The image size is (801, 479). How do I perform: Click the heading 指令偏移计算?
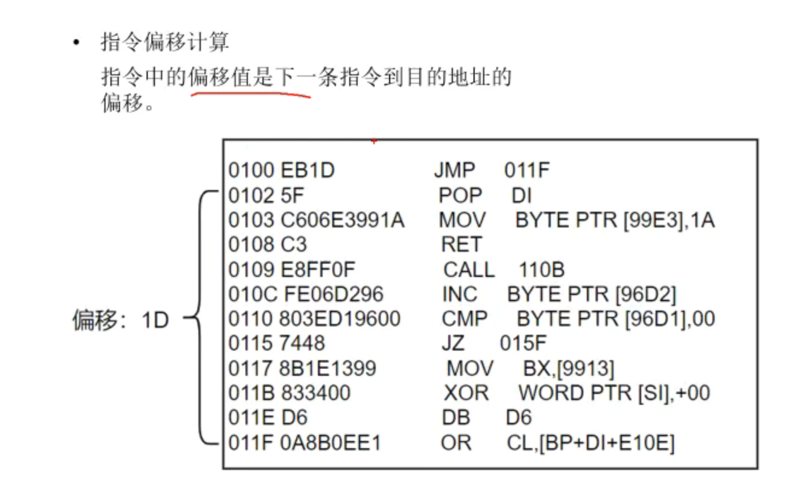(165, 43)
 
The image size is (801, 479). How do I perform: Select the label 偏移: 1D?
(121, 320)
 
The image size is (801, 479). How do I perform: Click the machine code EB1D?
(308, 171)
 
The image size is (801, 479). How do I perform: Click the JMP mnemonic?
(454, 171)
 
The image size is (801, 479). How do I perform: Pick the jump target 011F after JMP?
(527, 171)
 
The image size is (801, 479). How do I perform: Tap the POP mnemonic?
(460, 195)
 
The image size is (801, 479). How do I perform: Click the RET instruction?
(461, 244)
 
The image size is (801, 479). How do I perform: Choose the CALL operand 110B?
(541, 270)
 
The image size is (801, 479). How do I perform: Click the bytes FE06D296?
(332, 294)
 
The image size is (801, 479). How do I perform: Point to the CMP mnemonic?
(464, 319)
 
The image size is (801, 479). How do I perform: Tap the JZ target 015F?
(523, 343)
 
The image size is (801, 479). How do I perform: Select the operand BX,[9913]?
(569, 369)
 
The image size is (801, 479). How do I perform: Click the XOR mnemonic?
(466, 393)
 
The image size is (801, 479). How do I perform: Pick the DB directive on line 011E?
(457, 418)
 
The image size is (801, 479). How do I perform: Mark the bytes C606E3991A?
(343, 220)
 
